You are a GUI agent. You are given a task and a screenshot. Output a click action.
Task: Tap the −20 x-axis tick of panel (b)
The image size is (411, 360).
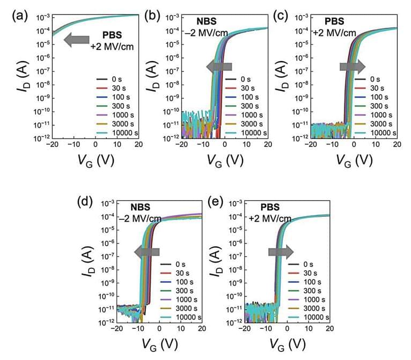[183, 145]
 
